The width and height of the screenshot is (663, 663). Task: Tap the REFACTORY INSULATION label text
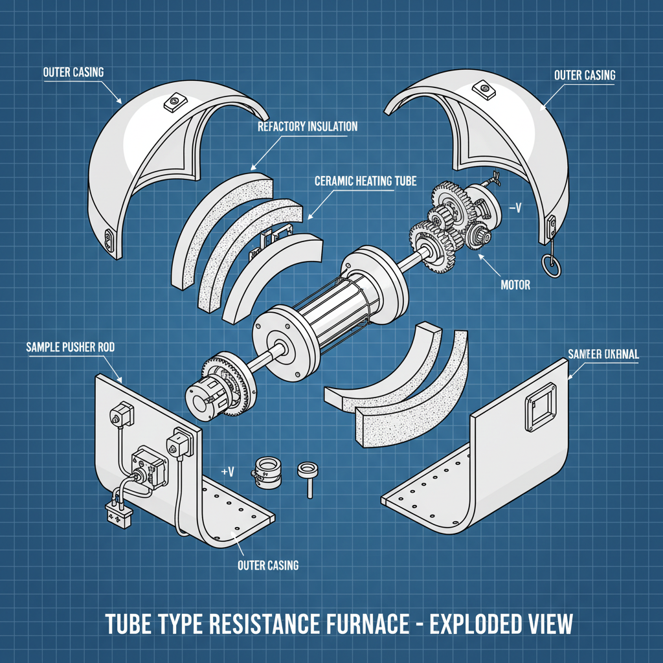point(307,126)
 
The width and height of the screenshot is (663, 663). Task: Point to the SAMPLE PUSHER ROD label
point(71,348)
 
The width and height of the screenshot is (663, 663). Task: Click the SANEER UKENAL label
point(603,354)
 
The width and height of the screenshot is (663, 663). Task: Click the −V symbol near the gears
point(516,208)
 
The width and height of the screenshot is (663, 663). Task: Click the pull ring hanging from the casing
point(549,265)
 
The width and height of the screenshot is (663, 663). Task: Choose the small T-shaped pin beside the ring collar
point(306,478)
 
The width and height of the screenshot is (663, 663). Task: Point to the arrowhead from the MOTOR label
point(480,256)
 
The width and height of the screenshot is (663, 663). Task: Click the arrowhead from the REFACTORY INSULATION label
point(253,168)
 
